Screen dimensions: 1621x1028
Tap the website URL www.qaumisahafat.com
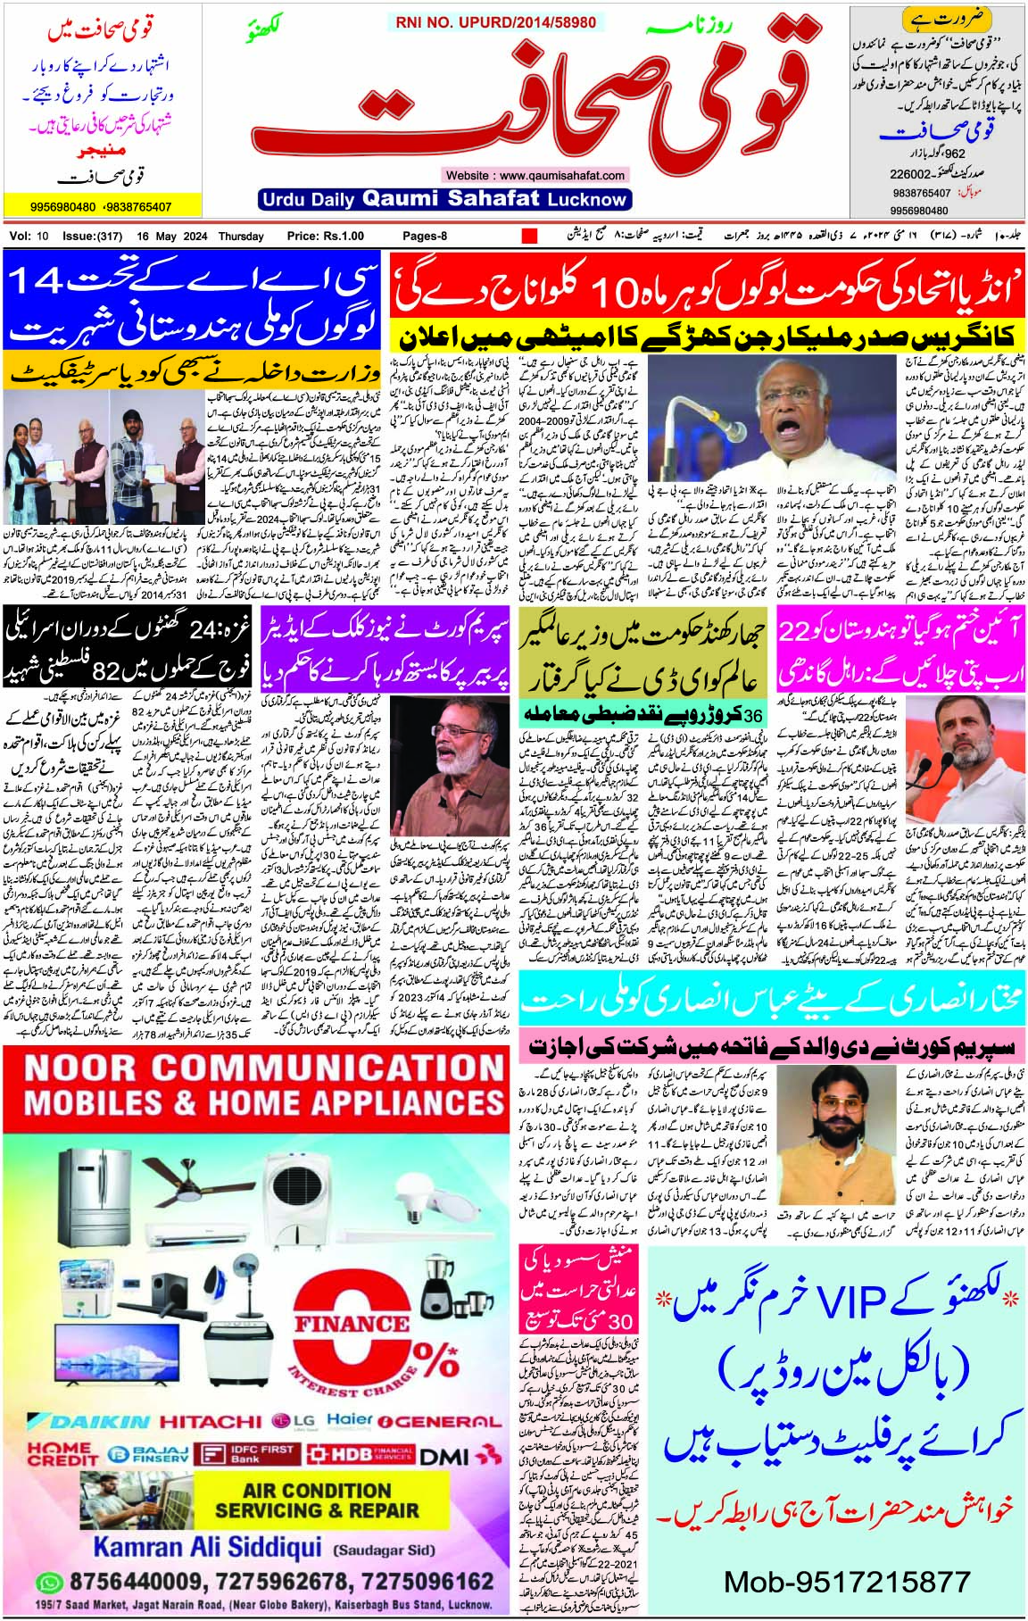535,176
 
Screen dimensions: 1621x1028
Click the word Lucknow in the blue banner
586,199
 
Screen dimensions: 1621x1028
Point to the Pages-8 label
425,236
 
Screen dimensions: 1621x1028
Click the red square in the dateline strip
529,237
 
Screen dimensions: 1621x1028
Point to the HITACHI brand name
211,1421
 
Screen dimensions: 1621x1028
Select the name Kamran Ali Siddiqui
207,1547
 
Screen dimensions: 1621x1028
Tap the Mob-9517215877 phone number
846,1582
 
